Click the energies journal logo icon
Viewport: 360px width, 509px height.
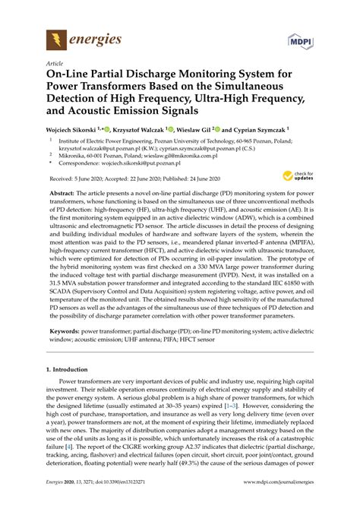[55, 38]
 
